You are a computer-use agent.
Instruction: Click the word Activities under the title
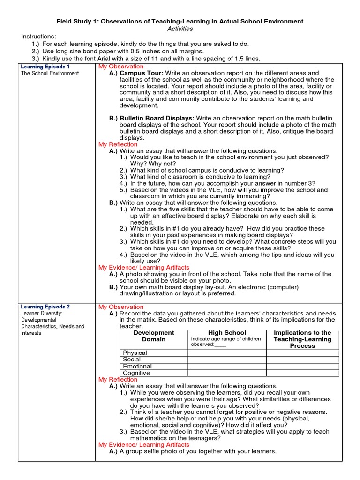pos(180,29)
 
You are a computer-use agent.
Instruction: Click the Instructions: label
pos(38,37)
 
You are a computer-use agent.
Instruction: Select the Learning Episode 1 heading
pos(45,67)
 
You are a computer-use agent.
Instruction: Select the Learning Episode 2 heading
pos(45,307)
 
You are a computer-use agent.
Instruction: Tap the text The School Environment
pos(50,74)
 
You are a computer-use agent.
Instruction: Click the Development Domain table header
pos(154,336)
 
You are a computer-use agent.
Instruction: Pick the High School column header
pos(227,332)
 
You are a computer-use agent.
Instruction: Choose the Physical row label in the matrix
pos(135,353)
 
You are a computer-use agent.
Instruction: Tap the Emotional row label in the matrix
pos(137,366)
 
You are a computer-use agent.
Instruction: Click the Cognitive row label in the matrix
pos(136,373)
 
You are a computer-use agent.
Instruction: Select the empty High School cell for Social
pos(227,360)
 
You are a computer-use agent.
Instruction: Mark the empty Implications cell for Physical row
pos(302,353)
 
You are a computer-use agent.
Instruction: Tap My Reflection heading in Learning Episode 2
pos(118,379)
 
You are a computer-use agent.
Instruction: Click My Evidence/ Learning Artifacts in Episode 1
pos(143,267)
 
